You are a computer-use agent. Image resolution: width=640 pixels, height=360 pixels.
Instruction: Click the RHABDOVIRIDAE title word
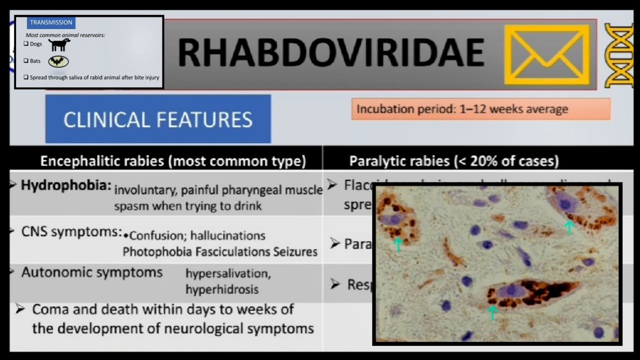pyautogui.click(x=330, y=53)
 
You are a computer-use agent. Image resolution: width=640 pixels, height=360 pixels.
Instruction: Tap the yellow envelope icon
pyautogui.click(x=546, y=54)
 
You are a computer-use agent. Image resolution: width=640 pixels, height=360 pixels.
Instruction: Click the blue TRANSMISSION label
pyautogui.click(x=51, y=22)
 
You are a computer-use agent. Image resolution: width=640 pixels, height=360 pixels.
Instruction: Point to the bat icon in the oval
pyautogui.click(x=58, y=61)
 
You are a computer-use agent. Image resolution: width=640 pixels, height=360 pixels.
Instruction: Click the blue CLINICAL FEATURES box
pyautogui.click(x=158, y=119)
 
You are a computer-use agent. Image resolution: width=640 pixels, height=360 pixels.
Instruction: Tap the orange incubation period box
pyautogui.click(x=480, y=109)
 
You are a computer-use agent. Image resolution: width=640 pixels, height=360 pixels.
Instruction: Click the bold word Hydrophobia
pyautogui.click(x=66, y=185)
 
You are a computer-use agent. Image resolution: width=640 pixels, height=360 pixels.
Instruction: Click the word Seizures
pyautogui.click(x=295, y=251)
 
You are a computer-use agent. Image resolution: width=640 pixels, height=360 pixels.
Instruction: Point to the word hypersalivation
pyautogui.click(x=228, y=273)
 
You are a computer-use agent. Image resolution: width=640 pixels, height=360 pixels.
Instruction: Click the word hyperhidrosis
pyautogui.click(x=222, y=289)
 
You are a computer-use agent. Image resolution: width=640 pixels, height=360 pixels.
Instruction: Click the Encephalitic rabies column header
pyautogui.click(x=173, y=161)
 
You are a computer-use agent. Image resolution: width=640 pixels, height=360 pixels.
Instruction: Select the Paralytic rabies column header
pyautogui.click(x=454, y=161)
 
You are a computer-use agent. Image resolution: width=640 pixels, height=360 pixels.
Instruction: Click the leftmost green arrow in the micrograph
pyautogui.click(x=398, y=244)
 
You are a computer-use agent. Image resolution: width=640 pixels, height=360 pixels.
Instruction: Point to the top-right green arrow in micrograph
pyautogui.click(x=568, y=227)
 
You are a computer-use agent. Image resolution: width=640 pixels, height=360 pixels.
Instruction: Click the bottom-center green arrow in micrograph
pyautogui.click(x=492, y=312)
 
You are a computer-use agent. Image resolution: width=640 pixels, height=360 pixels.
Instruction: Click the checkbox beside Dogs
pyautogui.click(x=26, y=44)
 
